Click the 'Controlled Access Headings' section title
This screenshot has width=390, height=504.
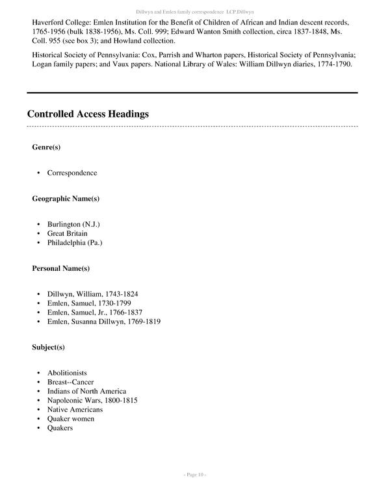[88, 114]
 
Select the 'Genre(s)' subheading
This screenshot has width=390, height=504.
[46, 147]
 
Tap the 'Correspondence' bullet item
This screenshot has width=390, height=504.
[72, 173]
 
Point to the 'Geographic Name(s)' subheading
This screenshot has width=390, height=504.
[66, 198]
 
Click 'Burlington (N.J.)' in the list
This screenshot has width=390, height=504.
[73, 224]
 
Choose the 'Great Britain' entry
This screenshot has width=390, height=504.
[67, 233]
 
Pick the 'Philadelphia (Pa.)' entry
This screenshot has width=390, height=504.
[75, 242]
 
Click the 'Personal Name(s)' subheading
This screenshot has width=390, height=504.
[61, 268]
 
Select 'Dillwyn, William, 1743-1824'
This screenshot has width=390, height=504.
[92, 294]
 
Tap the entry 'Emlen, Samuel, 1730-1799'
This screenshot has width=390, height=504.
[89, 303]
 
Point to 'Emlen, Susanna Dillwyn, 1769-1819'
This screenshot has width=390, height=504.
[104, 321]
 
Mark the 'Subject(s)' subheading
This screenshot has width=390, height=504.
[49, 347]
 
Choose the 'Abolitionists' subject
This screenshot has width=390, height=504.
[67, 373]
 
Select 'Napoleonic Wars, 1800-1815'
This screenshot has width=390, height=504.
[92, 400]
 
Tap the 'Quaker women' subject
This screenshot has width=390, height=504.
[71, 418]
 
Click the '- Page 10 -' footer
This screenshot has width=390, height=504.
[195, 475]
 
